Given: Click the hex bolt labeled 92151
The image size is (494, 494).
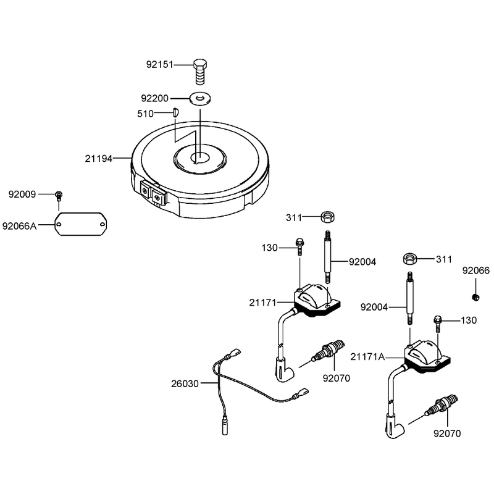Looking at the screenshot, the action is pos(199,72).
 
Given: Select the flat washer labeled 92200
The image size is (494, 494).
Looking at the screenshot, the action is pos(200,98).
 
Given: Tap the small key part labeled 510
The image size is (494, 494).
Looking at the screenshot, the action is pos(176,112).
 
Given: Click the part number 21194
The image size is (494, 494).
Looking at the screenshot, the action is pos(98,159).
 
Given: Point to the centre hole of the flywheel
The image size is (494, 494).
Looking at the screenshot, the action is pos(199,157).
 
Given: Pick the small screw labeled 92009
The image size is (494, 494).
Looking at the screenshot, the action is pos(59,196).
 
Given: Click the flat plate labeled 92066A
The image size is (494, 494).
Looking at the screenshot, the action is pos(81,224).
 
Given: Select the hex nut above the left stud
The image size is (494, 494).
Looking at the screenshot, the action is pos(327,217).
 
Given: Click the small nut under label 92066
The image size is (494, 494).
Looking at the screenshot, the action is pos(475,297).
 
